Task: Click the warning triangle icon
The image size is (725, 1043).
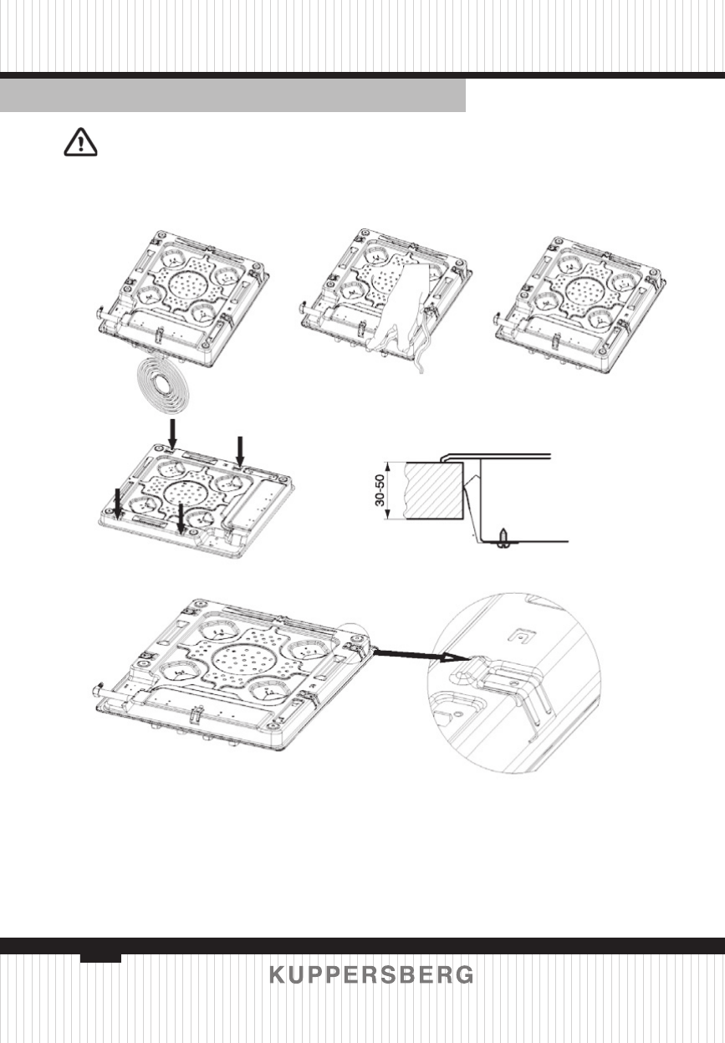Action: [x=81, y=145]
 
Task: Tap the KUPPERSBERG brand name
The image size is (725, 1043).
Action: [x=371, y=976]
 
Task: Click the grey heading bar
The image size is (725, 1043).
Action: [x=232, y=96]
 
